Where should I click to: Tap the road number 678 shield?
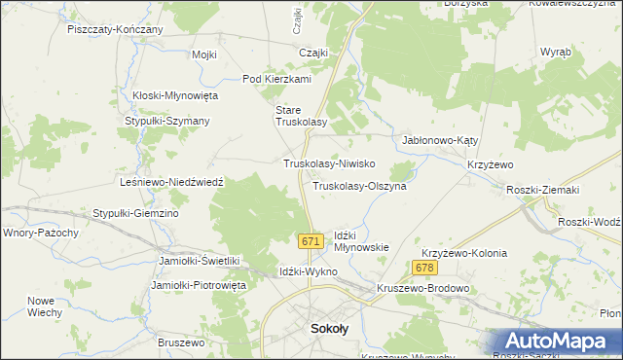pos(423,268)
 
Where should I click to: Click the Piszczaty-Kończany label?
pos(115,30)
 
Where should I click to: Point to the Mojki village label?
pos(204,54)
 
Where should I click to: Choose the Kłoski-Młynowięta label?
pos(176,95)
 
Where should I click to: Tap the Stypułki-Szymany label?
pos(167,121)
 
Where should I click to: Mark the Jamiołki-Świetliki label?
pos(199,261)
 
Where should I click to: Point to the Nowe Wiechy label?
pos(45,306)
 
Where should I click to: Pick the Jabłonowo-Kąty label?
pos(440,140)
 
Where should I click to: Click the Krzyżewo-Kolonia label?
pos(465,253)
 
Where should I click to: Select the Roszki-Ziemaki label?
pos(543,190)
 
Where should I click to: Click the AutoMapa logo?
pos(557,341)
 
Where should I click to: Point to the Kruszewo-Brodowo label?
pos(424,289)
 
